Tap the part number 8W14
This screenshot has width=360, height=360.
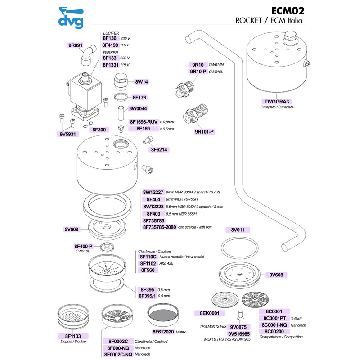pyautogui.click(x=141, y=82)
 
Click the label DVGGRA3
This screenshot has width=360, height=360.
pyautogui.click(x=277, y=101)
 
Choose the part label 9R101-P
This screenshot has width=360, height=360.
pyautogui.click(x=204, y=132)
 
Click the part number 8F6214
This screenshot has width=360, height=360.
pyautogui.click(x=160, y=149)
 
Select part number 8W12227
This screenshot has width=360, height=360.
pyautogui.click(x=153, y=192)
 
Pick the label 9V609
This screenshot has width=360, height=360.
pyautogui.click(x=72, y=229)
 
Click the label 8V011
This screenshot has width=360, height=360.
pyautogui.click(x=237, y=230)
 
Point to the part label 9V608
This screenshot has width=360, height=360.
pyautogui.click(x=277, y=274)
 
